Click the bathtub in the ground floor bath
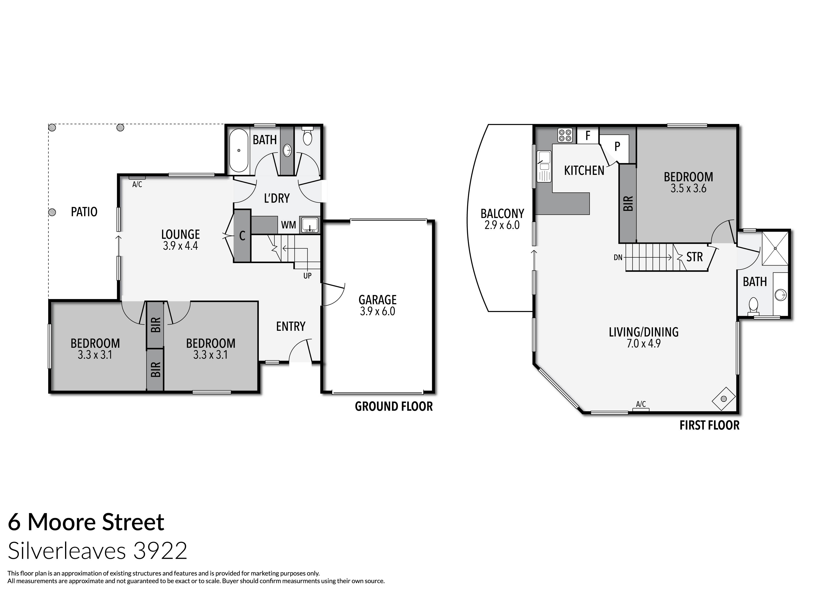tap(239, 150)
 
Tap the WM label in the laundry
tap(288, 225)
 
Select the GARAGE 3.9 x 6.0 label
tap(377, 305)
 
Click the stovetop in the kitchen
tap(565, 135)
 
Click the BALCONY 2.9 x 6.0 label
tap(502, 219)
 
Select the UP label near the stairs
tap(307, 276)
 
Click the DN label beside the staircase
tap(618, 257)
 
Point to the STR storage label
tap(694, 257)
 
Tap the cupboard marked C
tap(242, 236)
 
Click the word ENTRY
tap(291, 326)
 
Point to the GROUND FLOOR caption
tap(394, 406)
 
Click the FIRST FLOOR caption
tap(709, 425)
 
